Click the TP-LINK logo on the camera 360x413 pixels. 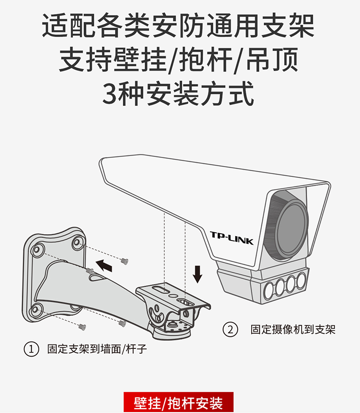tap(232, 238)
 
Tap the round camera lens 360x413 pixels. tap(292, 227)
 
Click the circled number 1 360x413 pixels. tap(32, 349)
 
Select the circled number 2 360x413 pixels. tap(230, 329)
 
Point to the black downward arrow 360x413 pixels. tap(198, 274)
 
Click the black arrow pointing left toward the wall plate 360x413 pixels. tap(104, 265)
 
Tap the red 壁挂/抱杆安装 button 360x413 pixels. tap(179, 402)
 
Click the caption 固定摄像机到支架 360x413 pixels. tap(292, 329)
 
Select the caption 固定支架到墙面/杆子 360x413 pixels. tap(97, 349)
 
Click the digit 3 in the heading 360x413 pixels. tap(109, 94)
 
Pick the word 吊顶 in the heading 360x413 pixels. tap(272, 59)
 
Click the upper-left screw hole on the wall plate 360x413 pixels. tap(36, 249)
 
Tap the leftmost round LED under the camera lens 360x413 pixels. tap(269, 291)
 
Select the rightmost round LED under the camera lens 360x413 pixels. tap(301, 280)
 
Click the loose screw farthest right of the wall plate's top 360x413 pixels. tap(124, 261)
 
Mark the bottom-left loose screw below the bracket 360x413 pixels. tap(83, 327)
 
